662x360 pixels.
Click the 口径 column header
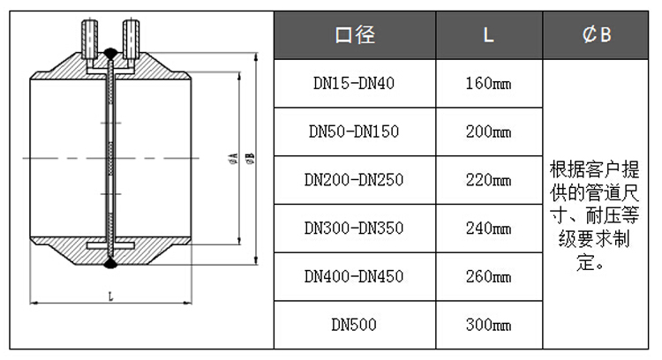pos(355,34)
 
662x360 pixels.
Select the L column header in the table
pos(488,35)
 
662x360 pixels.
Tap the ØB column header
pos(596,34)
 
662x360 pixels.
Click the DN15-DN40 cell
pos(354,83)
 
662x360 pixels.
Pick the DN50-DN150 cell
pos(354,131)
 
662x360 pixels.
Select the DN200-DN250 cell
pos(354,180)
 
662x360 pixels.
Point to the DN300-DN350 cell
pos(354,229)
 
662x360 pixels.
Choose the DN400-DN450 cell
pos(354,276)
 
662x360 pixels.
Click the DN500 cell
pos(354,325)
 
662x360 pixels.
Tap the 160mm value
pos(488,83)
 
